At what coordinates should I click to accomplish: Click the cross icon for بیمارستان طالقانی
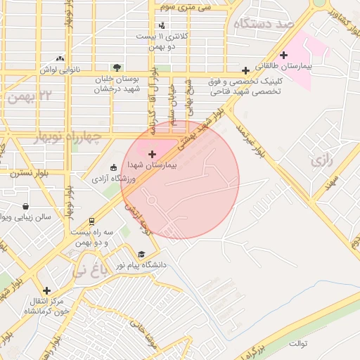point(284,55)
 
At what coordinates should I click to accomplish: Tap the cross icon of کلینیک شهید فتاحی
point(245,70)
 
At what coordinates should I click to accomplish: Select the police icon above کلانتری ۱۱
point(162,25)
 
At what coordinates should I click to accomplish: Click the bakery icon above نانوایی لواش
point(60,59)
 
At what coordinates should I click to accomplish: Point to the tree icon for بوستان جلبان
point(117,67)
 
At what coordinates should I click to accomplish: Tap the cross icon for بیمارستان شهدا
point(152,153)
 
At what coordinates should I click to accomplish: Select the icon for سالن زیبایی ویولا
point(26,207)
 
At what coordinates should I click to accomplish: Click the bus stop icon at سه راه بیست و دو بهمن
point(91,221)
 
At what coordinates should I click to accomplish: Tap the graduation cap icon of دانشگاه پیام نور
point(141,255)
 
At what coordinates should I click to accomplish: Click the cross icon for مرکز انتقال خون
point(46,290)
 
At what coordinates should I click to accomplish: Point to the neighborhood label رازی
point(320,160)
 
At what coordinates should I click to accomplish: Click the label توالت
point(298,343)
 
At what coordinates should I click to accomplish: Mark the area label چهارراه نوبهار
point(67,134)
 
